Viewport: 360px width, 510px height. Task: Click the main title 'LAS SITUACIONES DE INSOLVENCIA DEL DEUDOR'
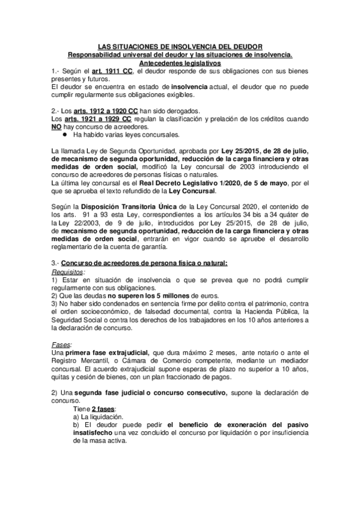coord(180,47)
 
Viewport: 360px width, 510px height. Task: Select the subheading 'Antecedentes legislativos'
coord(180,63)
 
